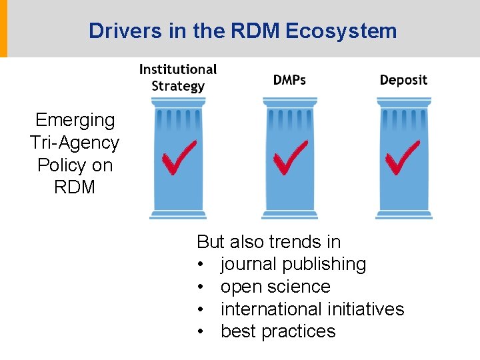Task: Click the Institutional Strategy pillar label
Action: (178, 77)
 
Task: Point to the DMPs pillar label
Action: (289, 80)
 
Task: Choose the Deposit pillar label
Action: (403, 80)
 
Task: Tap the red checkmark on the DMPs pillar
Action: (291, 157)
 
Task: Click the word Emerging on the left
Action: (75, 120)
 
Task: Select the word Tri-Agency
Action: (75, 143)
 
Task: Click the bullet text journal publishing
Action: (293, 264)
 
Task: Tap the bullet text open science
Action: (275, 287)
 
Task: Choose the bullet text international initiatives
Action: (312, 309)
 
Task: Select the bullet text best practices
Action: (278, 331)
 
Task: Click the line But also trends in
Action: (269, 241)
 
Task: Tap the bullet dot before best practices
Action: (201, 332)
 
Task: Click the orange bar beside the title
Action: (3, 29)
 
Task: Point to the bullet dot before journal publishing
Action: (201, 265)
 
